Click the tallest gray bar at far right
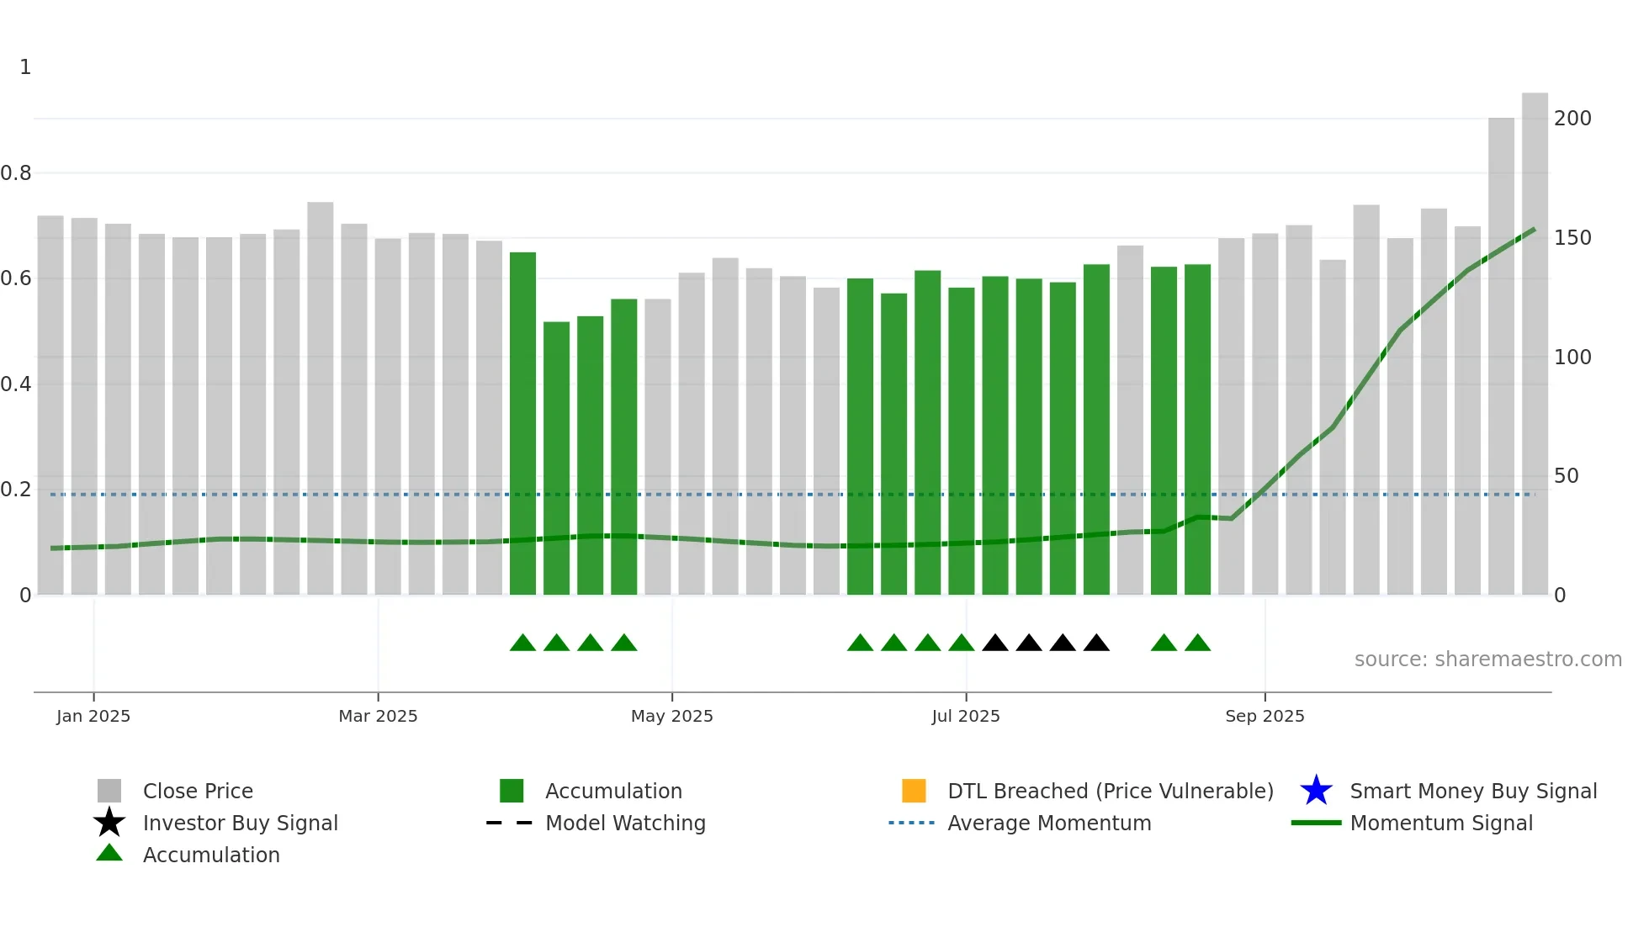pos(1535,345)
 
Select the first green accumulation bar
pos(522,424)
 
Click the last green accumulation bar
pos(1197,430)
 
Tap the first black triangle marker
pos(995,644)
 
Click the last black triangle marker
pos(1096,644)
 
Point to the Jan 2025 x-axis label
pos(93,716)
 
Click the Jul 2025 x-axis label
pos(966,716)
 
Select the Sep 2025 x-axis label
pos(1265,716)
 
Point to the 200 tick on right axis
pos(1572,119)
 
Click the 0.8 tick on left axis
pos(16,173)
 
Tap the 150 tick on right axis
pos(1572,238)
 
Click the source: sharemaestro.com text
pos(1487,659)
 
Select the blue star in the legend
pos(1316,791)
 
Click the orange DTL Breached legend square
pos(914,791)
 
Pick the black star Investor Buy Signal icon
pos(109,823)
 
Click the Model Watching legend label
pos(625,823)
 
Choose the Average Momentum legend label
pos(1049,823)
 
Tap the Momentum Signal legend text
pos(1441,823)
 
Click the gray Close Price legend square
pos(109,791)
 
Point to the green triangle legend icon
pos(109,854)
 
